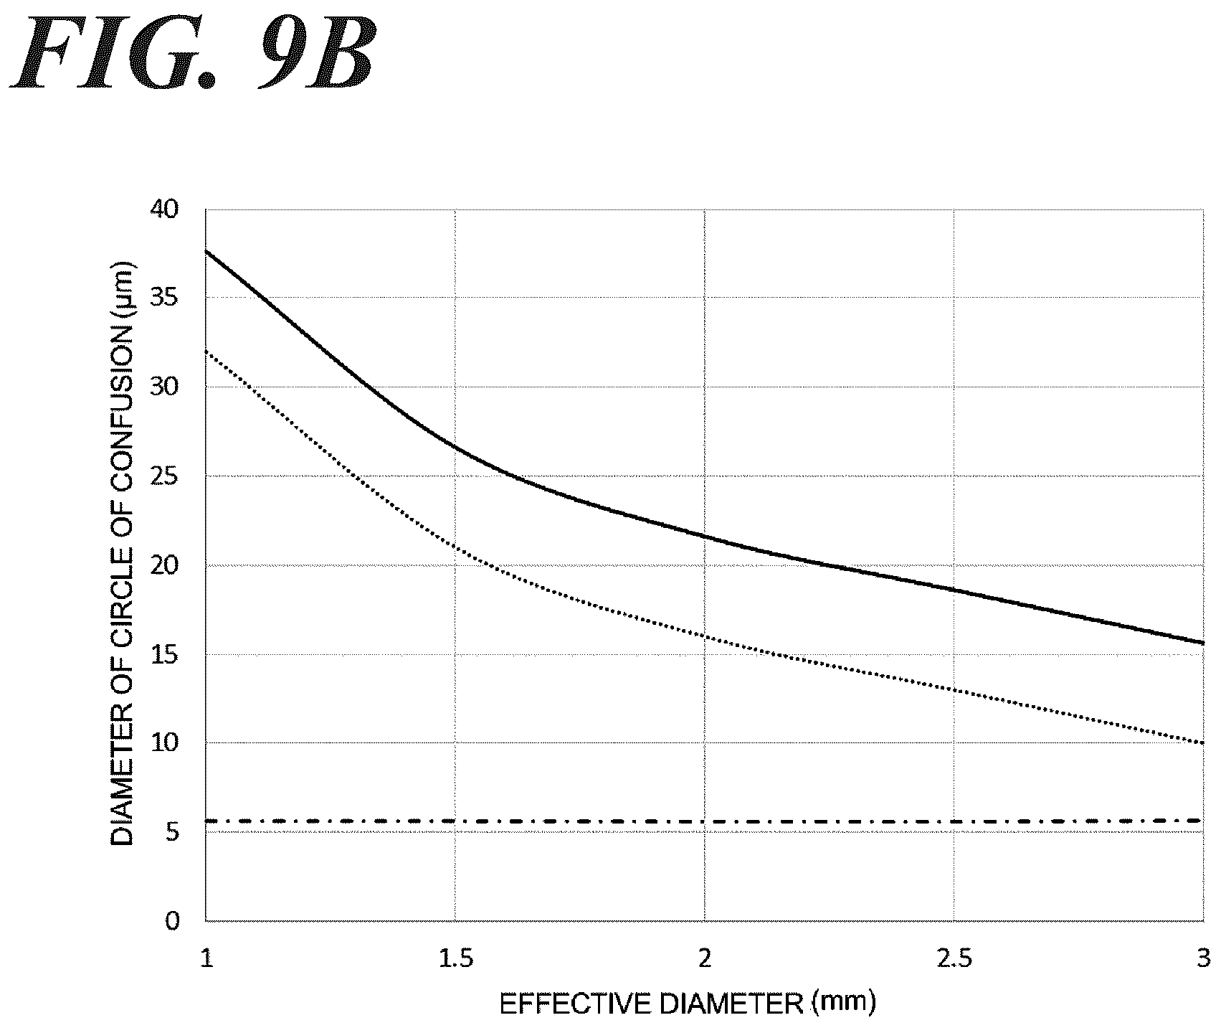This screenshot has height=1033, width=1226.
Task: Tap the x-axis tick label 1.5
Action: [x=455, y=959]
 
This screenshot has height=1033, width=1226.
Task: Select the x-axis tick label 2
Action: [x=705, y=959]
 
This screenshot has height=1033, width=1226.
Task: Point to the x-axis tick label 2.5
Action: [x=954, y=959]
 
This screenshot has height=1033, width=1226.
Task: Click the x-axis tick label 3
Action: [x=1203, y=959]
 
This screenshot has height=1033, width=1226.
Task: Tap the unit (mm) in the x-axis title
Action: [x=844, y=1004]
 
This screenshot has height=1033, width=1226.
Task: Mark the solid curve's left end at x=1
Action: [x=206, y=250]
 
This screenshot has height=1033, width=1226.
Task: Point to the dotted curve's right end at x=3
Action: [x=1203, y=742]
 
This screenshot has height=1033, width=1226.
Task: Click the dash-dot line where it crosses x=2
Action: [x=705, y=821]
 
